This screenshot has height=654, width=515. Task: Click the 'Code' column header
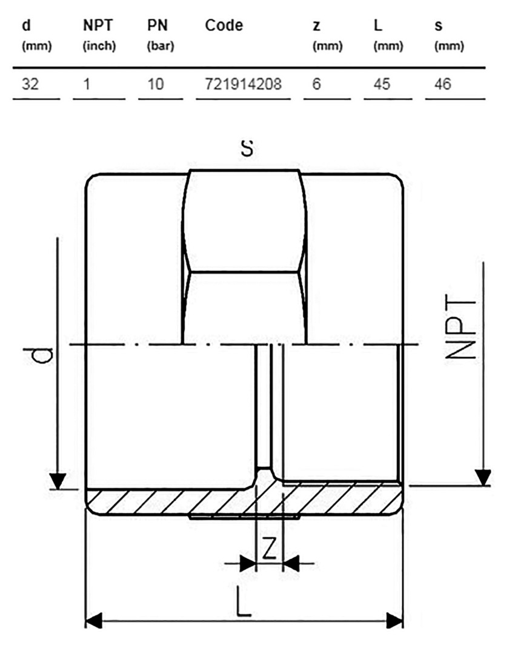pos(224,25)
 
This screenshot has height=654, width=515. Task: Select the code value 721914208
pos(244,84)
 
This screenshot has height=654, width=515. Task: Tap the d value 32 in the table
pos(30,84)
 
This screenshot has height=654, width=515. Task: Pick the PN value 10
pos(156,84)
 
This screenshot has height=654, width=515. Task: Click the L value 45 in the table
pos(382,84)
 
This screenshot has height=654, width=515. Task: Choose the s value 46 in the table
pos(442,84)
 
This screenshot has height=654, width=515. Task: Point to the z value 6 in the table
pos(316,84)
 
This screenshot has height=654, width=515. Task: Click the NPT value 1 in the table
pos(87,84)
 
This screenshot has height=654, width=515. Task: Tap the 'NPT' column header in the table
pos(98,25)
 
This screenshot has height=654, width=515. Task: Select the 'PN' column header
pos(158,25)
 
